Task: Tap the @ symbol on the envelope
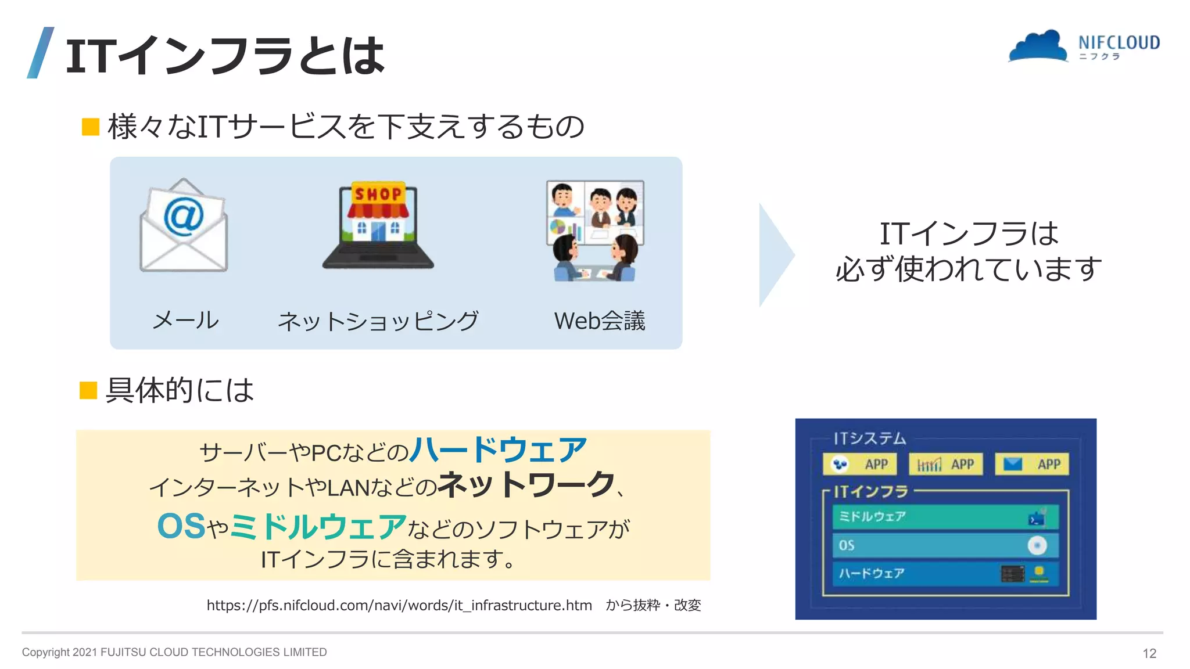184,216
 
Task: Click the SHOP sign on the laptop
378,193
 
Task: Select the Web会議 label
600,321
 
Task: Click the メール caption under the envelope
185,320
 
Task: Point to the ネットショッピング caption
378,321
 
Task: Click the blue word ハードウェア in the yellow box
499,450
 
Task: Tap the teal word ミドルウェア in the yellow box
318,526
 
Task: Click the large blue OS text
181,526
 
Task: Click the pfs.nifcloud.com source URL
399,605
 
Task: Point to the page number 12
1149,653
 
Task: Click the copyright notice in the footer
174,652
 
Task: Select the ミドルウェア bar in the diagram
945,517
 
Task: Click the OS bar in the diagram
945,545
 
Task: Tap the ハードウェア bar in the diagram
945,574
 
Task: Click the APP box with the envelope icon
1032,464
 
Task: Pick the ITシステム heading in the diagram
870,438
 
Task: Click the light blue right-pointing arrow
776,255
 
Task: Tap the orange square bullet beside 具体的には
88,390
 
